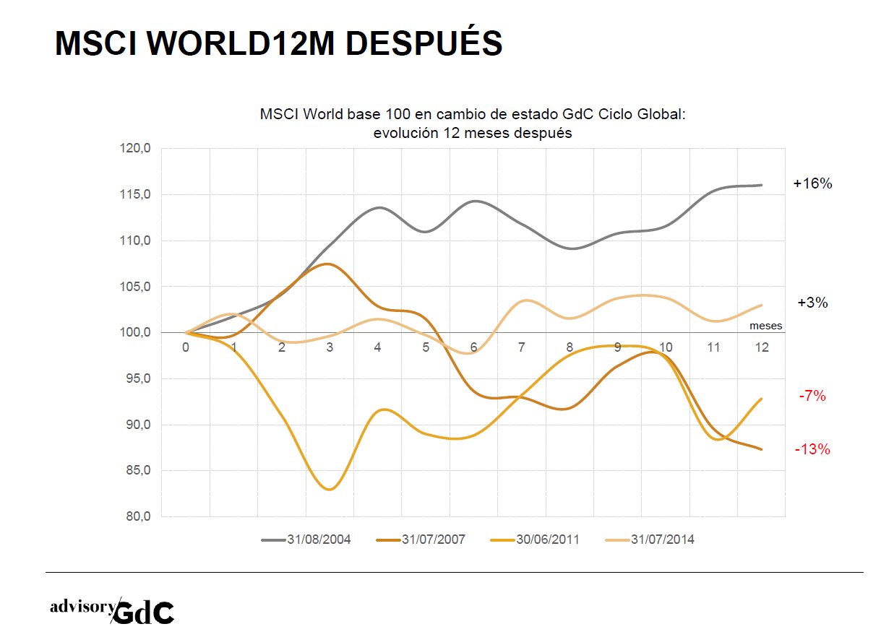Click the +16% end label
tap(812, 184)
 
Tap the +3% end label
tap(812, 303)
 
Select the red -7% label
tap(812, 396)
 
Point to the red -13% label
tap(812, 450)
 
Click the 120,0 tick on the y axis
tap(135, 149)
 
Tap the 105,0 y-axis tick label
tap(135, 287)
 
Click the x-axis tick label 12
tap(761, 347)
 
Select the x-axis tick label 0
tap(186, 347)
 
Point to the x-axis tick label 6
tap(474, 347)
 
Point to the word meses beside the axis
tap(765, 326)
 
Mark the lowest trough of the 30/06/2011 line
tap(330, 490)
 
